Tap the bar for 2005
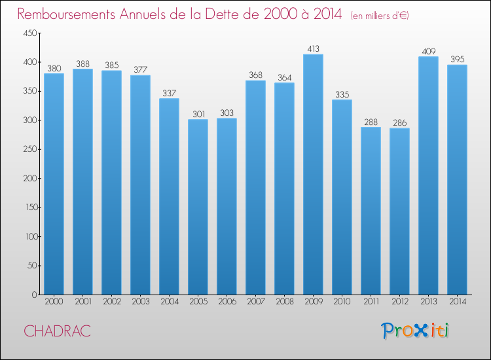click(198, 207)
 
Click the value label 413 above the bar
click(313, 48)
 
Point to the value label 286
click(399, 122)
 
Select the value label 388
click(82, 63)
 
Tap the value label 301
click(198, 113)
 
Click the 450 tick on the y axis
click(29, 33)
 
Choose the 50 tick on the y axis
click(31, 266)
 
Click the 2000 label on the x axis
click(54, 303)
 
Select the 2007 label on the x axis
click(255, 303)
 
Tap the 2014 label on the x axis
click(457, 303)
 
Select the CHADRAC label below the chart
click(58, 331)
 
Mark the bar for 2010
click(342, 197)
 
